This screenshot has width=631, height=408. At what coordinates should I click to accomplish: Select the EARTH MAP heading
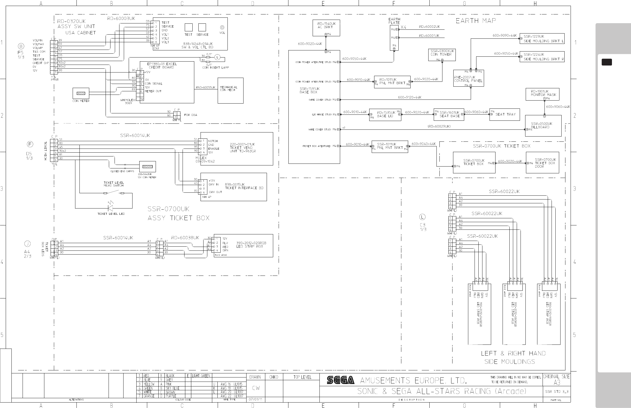click(x=476, y=21)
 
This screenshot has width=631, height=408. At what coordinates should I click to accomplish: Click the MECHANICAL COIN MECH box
click(x=230, y=90)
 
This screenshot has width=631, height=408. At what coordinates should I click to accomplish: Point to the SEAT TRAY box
click(x=504, y=114)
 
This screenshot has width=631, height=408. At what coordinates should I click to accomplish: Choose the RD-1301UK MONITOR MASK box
click(x=542, y=94)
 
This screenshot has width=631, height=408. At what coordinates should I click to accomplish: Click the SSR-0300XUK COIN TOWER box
click(x=442, y=55)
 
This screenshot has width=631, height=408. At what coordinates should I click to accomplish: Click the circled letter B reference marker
click(x=21, y=46)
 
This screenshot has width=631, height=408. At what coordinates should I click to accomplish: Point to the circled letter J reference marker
click(x=27, y=244)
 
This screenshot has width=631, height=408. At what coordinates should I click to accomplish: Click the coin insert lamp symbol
click(x=217, y=57)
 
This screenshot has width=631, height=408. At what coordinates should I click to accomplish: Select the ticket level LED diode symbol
click(x=110, y=208)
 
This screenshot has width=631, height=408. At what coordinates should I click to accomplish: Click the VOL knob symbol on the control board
click(x=222, y=27)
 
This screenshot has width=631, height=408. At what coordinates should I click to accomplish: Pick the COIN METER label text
click(x=81, y=101)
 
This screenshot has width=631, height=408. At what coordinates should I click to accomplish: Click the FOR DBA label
click(x=190, y=115)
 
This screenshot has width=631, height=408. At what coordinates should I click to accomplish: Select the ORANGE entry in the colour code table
click(x=149, y=396)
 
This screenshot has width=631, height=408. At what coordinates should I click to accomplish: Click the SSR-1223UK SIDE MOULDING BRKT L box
click(x=542, y=38)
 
